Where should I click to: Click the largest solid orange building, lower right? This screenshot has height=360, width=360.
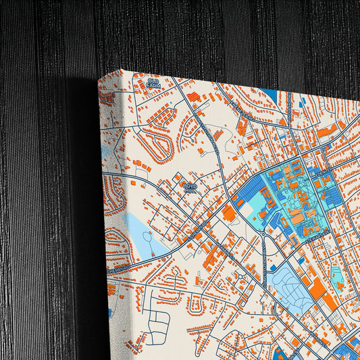(317, 289)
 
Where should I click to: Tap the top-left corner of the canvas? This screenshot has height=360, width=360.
(99, 80)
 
